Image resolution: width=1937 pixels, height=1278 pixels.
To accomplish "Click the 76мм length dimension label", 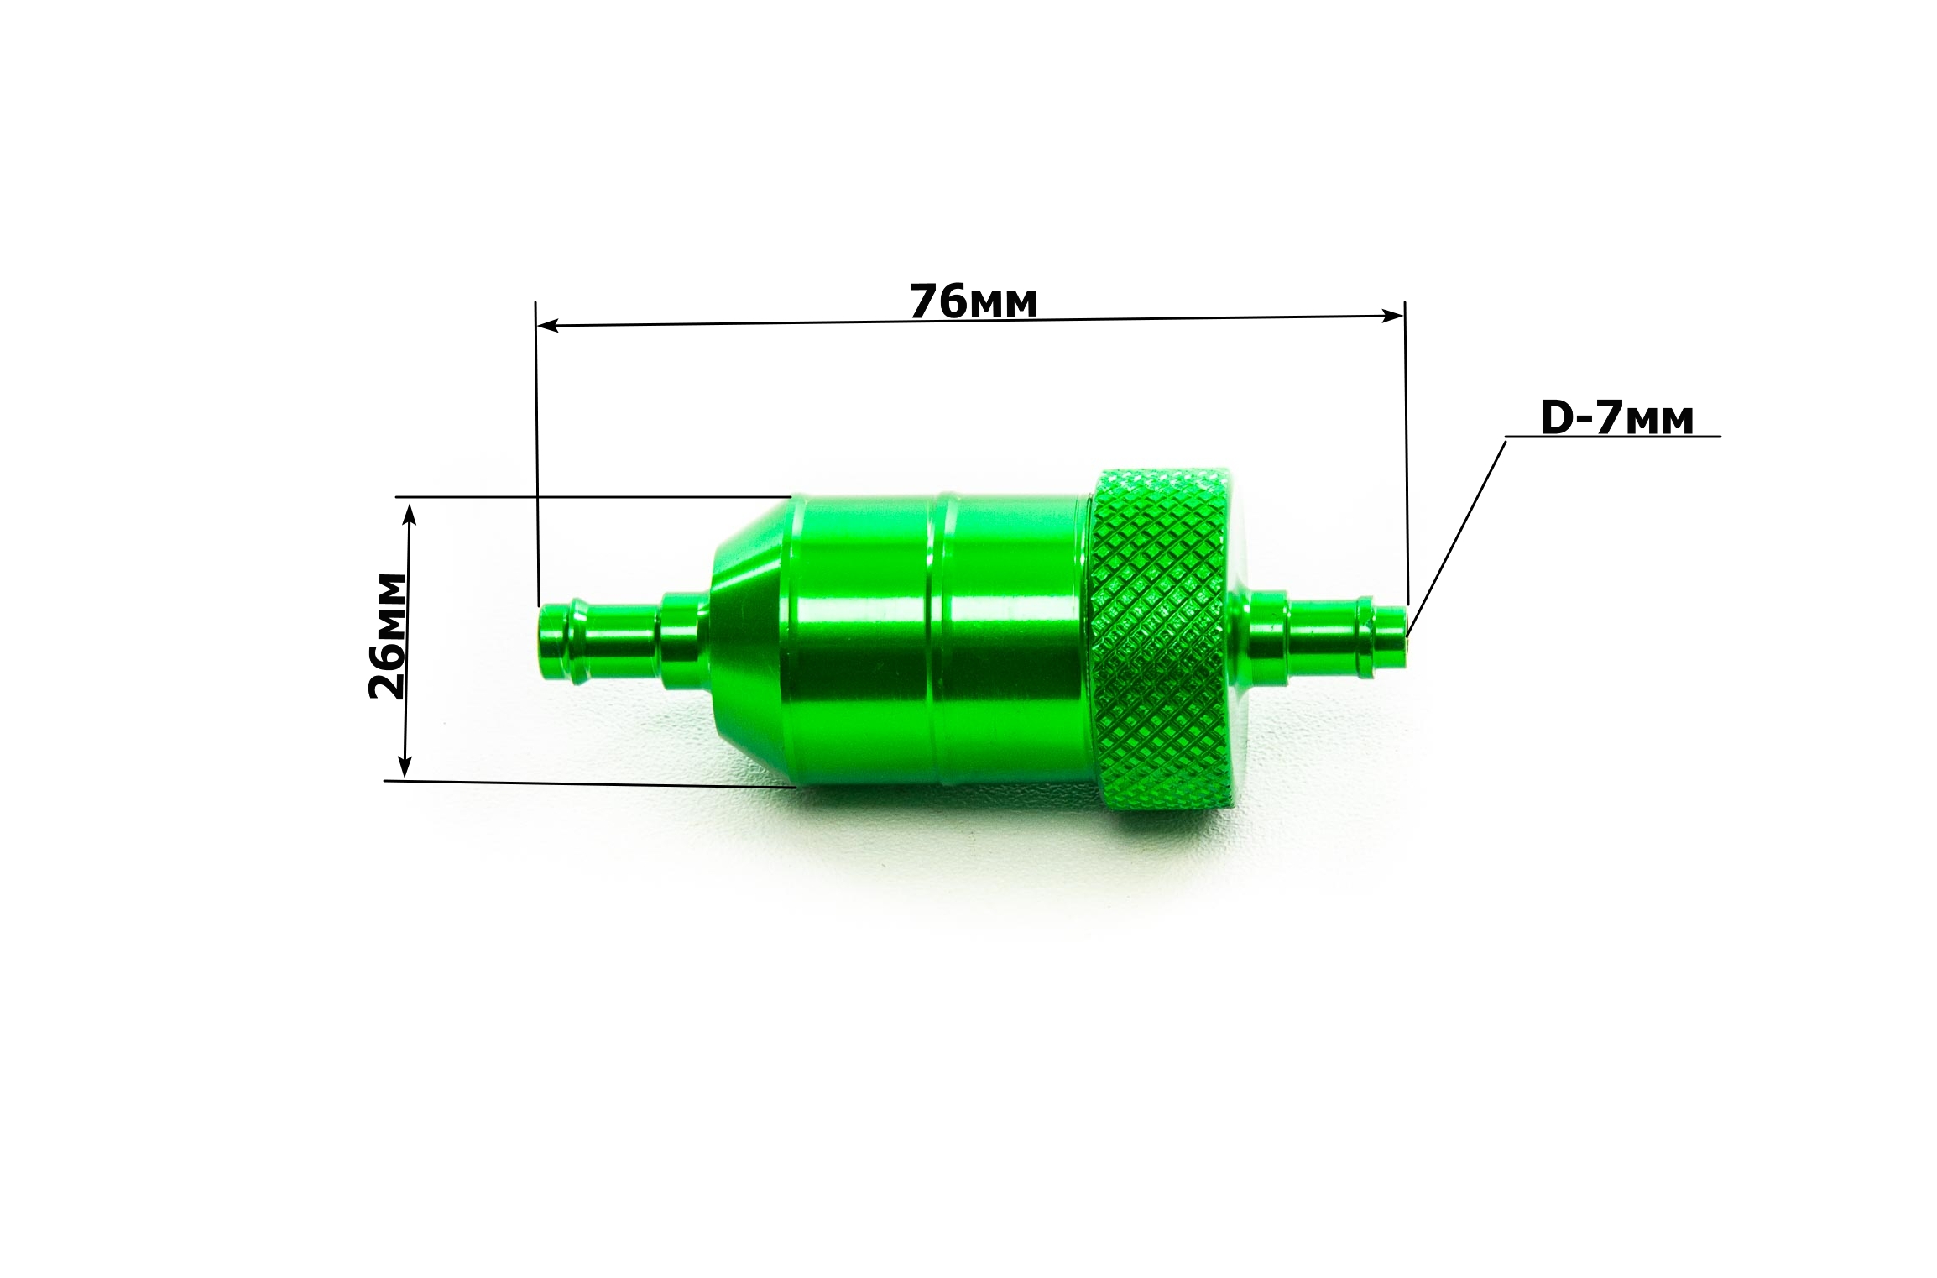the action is point(974,301).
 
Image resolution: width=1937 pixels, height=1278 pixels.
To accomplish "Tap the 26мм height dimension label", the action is point(388,636).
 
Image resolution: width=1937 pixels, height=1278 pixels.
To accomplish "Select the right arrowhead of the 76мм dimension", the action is point(1392,315).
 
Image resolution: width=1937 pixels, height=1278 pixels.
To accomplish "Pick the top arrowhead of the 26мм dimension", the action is point(410,513).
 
